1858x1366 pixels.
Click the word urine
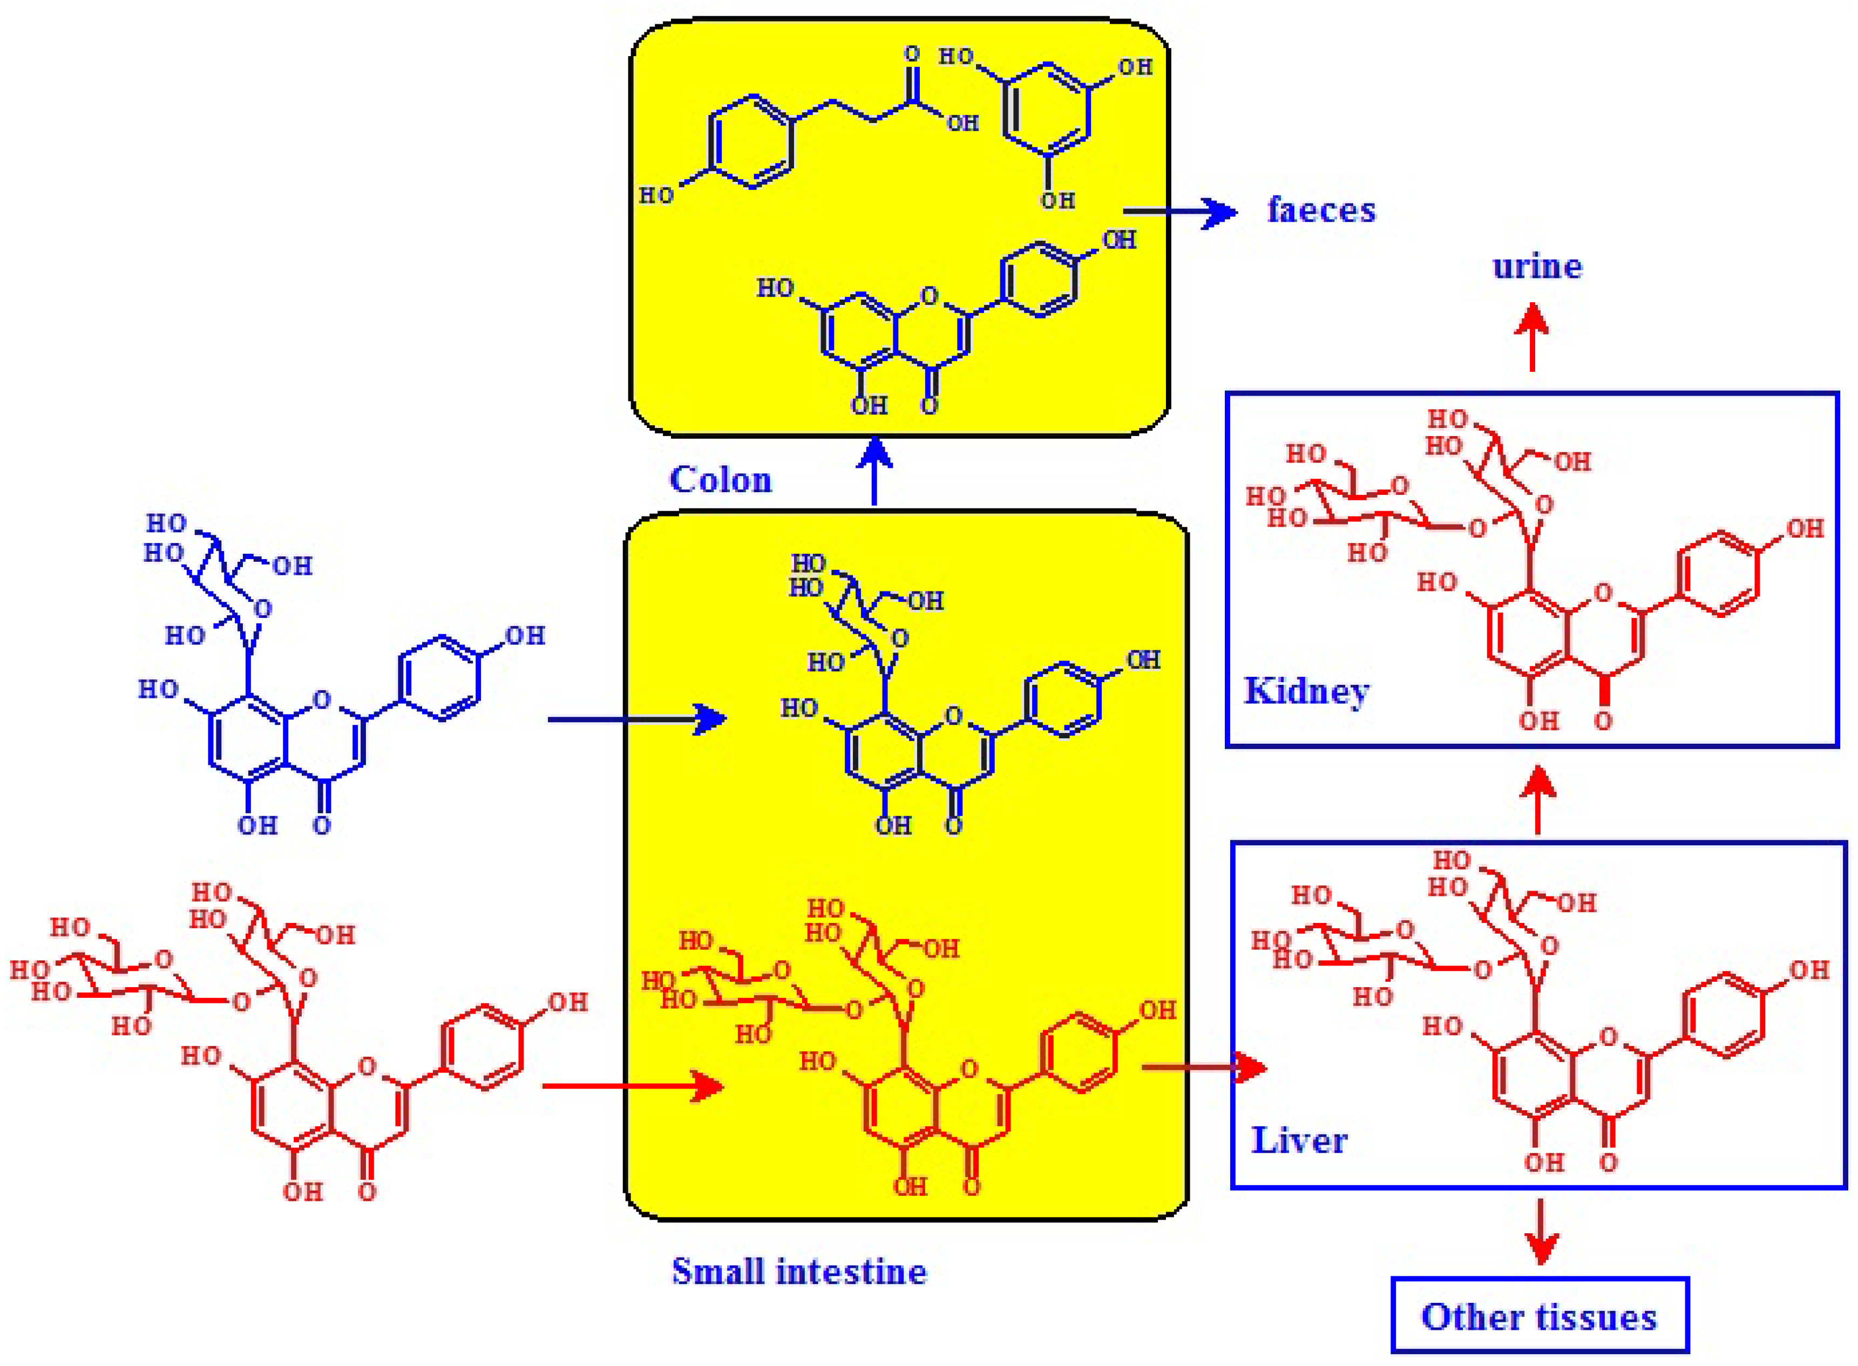coord(1536,266)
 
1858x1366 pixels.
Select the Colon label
coord(720,480)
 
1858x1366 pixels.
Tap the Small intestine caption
coord(799,1271)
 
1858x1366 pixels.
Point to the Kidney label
coord(1306,691)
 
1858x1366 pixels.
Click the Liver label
coord(1299,1140)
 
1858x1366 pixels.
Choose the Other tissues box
coord(1539,1316)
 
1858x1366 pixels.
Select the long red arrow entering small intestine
coord(633,1086)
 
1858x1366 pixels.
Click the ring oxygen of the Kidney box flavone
coord(1603,592)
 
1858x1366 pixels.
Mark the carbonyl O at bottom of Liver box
coord(1608,1162)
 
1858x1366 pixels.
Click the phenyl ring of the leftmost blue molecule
coord(439,678)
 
